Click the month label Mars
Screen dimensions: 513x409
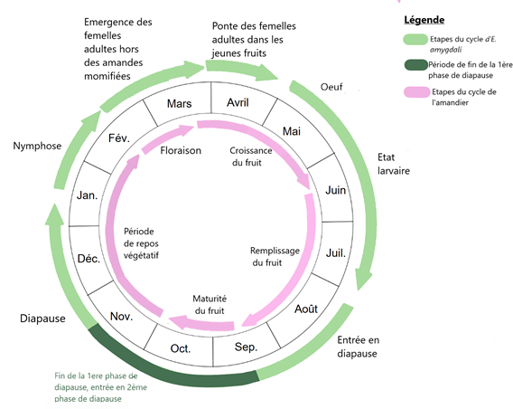[180, 103]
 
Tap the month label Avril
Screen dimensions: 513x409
[238, 102]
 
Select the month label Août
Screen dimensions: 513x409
[306, 309]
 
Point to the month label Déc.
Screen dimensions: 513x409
[89, 259]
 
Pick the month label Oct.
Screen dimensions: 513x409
[181, 348]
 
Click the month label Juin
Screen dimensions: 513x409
[336, 190]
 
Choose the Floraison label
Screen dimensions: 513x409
[181, 150]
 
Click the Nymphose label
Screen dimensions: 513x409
[37, 146]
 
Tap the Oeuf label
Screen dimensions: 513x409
[331, 87]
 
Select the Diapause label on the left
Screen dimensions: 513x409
[42, 319]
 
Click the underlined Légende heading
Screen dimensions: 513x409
[424, 20]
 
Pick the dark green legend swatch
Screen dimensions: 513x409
[415, 65]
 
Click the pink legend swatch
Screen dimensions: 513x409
[416, 92]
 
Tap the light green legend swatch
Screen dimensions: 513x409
[415, 39]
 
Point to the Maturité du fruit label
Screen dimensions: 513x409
[210, 304]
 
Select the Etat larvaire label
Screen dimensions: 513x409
[394, 164]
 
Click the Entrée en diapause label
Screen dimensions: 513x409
[358, 347]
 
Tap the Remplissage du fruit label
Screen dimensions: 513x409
[275, 257]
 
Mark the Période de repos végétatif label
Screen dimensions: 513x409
[141, 243]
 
